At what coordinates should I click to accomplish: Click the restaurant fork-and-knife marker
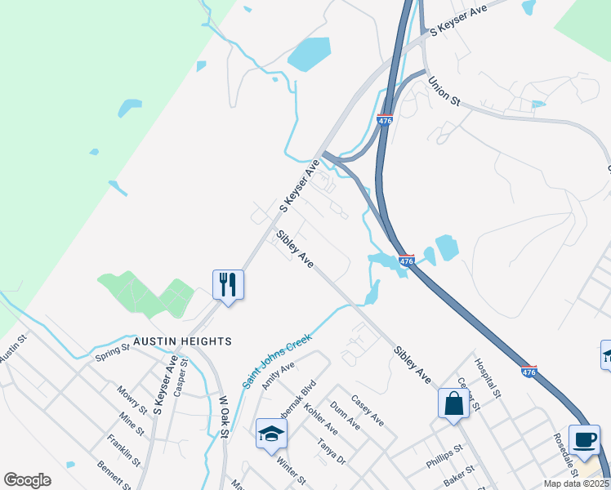(x=228, y=285)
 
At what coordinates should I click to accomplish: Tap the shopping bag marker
(x=453, y=403)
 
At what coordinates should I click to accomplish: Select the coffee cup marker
(x=584, y=439)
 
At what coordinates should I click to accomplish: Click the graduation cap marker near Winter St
(x=271, y=434)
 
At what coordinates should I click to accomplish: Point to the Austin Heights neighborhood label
(x=183, y=341)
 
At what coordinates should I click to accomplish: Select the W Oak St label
(x=223, y=418)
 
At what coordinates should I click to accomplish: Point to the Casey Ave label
(x=367, y=410)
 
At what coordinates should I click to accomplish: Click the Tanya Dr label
(x=332, y=452)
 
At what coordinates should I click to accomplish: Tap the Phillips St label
(x=444, y=457)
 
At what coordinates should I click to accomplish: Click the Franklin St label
(x=123, y=450)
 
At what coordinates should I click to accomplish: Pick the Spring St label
(x=112, y=353)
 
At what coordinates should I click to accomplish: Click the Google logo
(x=27, y=480)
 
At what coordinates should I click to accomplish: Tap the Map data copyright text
(x=576, y=483)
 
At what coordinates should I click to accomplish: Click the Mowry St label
(x=132, y=399)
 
